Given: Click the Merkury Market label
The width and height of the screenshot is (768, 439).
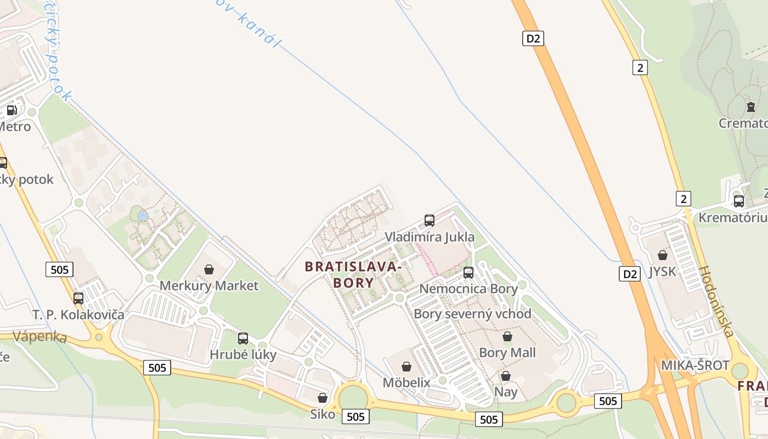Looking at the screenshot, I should pyautogui.click(x=208, y=286).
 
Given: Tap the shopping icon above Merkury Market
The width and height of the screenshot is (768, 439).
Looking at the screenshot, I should pyautogui.click(x=208, y=269).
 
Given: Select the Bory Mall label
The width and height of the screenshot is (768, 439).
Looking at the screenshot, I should pyautogui.click(x=507, y=352).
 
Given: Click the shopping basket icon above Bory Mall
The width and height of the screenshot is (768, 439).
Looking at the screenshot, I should pyautogui.click(x=507, y=336).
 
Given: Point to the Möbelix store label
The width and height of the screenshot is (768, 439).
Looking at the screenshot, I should pyautogui.click(x=406, y=382).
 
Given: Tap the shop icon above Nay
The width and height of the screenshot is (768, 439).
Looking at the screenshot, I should pyautogui.click(x=505, y=376).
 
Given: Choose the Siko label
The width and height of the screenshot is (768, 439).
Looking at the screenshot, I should pyautogui.click(x=323, y=414).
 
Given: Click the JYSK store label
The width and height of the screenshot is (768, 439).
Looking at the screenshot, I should pyautogui.click(x=662, y=272).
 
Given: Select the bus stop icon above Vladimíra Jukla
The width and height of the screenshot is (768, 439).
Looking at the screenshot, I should pyautogui.click(x=430, y=221).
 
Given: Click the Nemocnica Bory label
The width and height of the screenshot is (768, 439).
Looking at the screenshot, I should pyautogui.click(x=468, y=289).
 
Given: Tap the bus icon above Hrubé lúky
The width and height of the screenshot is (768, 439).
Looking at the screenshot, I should pyautogui.click(x=243, y=339).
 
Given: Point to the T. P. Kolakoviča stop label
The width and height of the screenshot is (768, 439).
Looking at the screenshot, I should pyautogui.click(x=78, y=315).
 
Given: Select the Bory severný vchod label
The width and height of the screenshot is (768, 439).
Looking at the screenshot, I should pyautogui.click(x=472, y=314).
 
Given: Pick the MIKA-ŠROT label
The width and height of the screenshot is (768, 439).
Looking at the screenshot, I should pyautogui.click(x=695, y=365).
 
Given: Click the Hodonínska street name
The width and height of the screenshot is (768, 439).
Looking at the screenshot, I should pyautogui.click(x=716, y=301).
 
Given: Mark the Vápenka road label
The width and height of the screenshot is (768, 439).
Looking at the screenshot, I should pyautogui.click(x=39, y=336).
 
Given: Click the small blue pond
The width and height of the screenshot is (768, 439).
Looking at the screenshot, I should pyautogui.click(x=143, y=216).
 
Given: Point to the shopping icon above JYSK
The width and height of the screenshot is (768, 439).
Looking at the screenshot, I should pyautogui.click(x=663, y=255).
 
